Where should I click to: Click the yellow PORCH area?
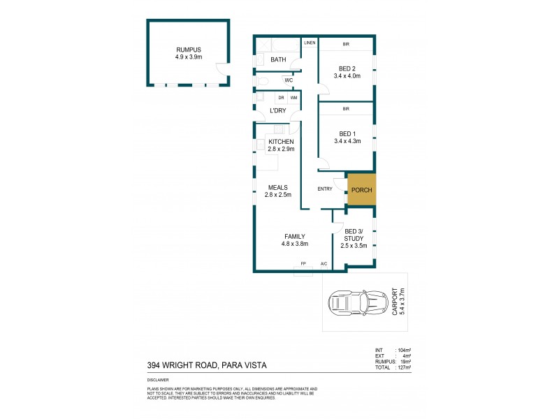tap(361, 190)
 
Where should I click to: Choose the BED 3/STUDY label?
tap(353, 238)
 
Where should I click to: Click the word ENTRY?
tap(325, 189)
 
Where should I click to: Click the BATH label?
tap(278, 61)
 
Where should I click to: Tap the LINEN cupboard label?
tap(310, 43)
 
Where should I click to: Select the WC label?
tap(288, 80)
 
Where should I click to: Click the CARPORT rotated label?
tap(398, 302)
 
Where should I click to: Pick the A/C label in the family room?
tap(324, 263)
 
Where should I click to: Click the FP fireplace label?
tap(303, 263)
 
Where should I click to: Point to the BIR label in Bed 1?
tap(346, 110)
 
